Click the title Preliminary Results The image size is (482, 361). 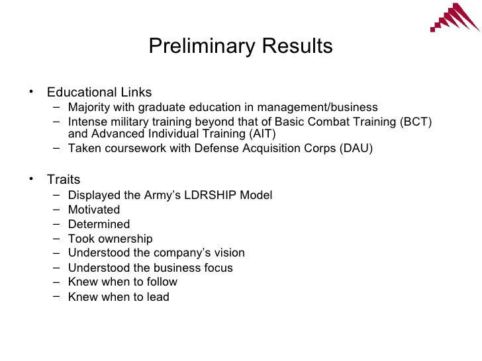coord(240,47)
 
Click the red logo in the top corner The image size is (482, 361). coord(456,19)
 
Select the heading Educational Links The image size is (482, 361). coord(99,92)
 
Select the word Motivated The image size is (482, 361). coord(94,210)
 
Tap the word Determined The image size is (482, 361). coord(99,224)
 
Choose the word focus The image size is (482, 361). coord(217,268)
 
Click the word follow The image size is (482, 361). coord(162,282)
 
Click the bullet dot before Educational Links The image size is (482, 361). coord(30,92)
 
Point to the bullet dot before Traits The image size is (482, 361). coord(30,179)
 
